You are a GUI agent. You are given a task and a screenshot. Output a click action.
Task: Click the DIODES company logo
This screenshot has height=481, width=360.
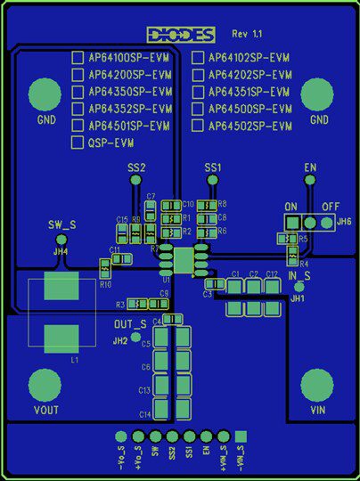[x=182, y=35]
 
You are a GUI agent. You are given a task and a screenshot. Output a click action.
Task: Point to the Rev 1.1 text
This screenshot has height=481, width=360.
[x=247, y=33]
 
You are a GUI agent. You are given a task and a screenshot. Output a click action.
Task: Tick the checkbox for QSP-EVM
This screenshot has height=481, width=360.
[x=78, y=143]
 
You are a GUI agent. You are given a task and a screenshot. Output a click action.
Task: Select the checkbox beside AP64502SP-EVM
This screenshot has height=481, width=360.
[x=198, y=126]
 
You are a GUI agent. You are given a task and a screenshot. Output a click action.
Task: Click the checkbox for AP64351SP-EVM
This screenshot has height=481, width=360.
[x=198, y=92]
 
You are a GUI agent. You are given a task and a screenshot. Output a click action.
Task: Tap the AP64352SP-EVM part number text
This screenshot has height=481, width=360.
[x=129, y=109]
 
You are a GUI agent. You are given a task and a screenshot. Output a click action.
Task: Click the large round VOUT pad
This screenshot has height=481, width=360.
[x=45, y=386]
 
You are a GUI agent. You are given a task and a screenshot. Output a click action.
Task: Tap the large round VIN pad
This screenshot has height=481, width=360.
[x=316, y=386]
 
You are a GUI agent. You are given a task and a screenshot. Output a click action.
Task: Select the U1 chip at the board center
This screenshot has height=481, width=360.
[x=184, y=260]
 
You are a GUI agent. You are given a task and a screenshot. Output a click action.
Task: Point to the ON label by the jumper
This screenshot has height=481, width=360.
[x=290, y=206]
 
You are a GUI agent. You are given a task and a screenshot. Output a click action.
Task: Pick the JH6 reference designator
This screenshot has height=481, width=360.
[x=344, y=221]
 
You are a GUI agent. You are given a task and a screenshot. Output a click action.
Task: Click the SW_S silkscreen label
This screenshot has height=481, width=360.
[x=61, y=225]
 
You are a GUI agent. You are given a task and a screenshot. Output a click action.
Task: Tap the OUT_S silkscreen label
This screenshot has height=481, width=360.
[x=130, y=324]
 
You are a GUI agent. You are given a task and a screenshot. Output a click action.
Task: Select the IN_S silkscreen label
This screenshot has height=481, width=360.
[x=299, y=277]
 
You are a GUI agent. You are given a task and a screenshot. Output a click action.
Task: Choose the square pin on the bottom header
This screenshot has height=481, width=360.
[x=241, y=436]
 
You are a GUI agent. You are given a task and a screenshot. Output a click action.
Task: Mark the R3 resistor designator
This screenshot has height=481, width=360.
[x=121, y=304]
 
